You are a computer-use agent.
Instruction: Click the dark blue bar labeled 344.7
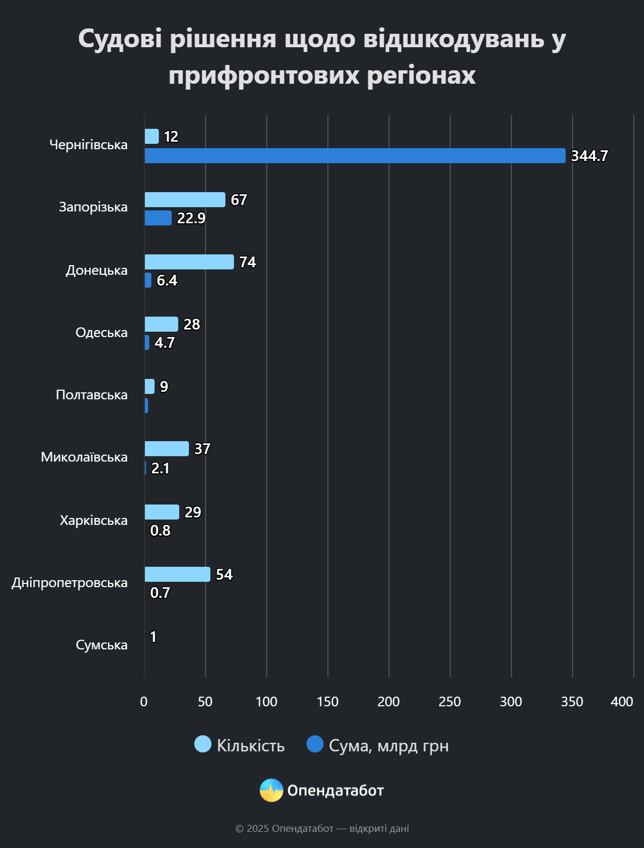[355, 156]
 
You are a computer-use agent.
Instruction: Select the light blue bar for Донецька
[189, 262]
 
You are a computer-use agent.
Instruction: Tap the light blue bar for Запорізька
[185, 200]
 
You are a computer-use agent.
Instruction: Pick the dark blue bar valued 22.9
[158, 218]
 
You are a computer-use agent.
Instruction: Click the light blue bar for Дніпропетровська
[177, 574]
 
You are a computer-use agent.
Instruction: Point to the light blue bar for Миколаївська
[166, 449]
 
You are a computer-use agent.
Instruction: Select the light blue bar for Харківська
[162, 512]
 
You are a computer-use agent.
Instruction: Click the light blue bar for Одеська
[161, 324]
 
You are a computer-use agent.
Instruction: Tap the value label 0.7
[160, 593]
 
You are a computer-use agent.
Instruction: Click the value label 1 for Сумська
[153, 637]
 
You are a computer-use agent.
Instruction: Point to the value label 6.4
[167, 281]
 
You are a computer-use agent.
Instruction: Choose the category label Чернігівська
[89, 145]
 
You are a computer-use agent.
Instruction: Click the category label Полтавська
[92, 395]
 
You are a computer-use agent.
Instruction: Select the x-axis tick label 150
[327, 701]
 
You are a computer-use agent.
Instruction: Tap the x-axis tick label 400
[621, 701]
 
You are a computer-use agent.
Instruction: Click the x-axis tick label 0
[144, 701]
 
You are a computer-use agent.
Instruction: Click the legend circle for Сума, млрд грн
[315, 744]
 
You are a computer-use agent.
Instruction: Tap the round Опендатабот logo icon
[272, 790]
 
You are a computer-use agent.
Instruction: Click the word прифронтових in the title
[264, 75]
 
